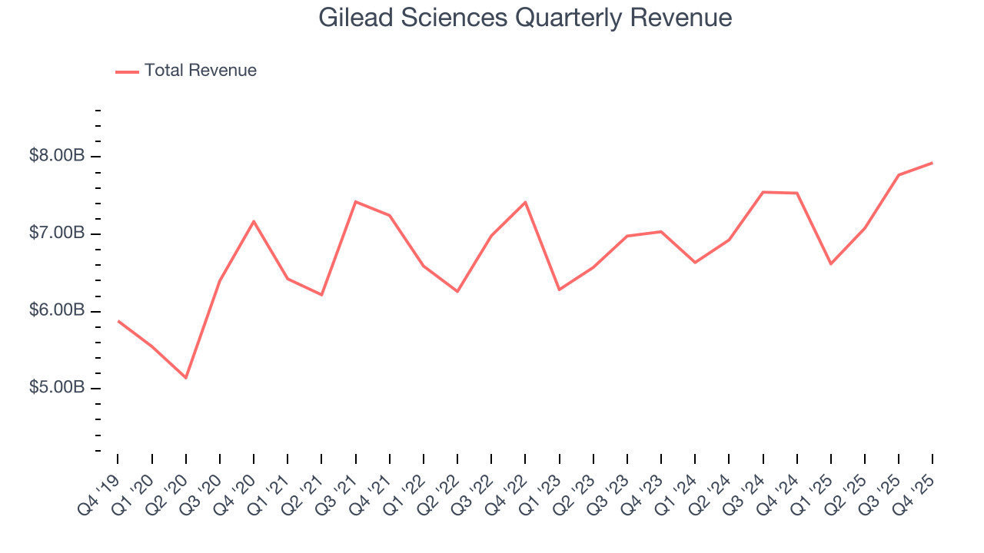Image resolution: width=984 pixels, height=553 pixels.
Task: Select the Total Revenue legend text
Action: pyautogui.click(x=200, y=71)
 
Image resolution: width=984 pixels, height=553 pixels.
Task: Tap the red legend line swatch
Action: pyautogui.click(x=127, y=71)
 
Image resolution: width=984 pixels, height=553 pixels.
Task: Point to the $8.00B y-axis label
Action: pyautogui.click(x=57, y=156)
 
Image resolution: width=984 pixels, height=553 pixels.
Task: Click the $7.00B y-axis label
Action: pyautogui.click(x=57, y=233)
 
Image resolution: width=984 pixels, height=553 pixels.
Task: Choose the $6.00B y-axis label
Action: pyautogui.click(x=57, y=311)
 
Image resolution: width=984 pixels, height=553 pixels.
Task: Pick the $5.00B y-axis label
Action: pyautogui.click(x=57, y=388)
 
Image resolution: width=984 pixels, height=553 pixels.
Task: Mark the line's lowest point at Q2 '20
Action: pyautogui.click(x=185, y=378)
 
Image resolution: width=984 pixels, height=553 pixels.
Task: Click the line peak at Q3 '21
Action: pyautogui.click(x=355, y=201)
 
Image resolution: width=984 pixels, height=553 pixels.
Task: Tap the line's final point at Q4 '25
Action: pyautogui.click(x=932, y=163)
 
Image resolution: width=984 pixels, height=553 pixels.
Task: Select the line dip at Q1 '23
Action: pyautogui.click(x=559, y=290)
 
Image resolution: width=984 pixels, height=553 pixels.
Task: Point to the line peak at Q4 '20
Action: pyautogui.click(x=254, y=221)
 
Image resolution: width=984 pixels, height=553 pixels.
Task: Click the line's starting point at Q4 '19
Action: pyautogui.click(x=118, y=320)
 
